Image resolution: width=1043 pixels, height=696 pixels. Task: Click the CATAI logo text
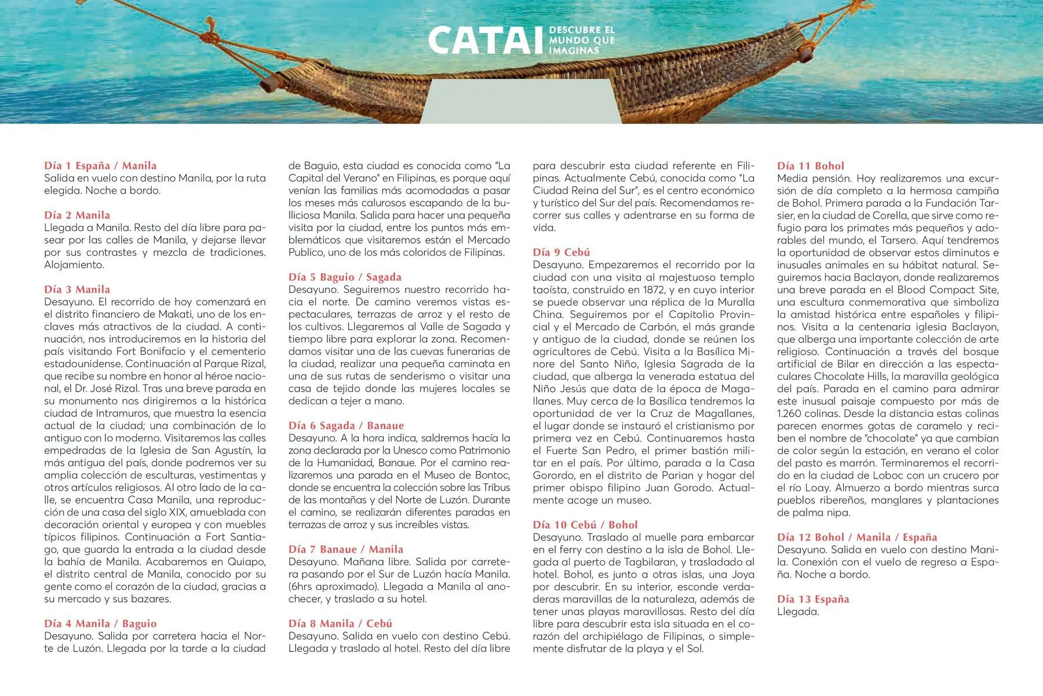pyautogui.click(x=487, y=40)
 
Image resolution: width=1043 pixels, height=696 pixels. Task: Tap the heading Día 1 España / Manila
pyautogui.click(x=100, y=166)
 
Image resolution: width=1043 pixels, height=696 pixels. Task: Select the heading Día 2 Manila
pyautogui.click(x=77, y=215)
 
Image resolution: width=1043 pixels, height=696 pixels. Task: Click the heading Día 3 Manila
pyautogui.click(x=77, y=289)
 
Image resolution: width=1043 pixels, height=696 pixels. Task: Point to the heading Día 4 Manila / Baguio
pyautogui.click(x=100, y=623)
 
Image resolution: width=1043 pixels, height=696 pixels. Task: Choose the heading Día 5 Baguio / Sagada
pyautogui.click(x=345, y=277)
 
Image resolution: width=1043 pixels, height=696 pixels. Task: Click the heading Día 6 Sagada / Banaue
pyautogui.click(x=346, y=426)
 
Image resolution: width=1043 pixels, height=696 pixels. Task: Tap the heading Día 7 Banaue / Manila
pyautogui.click(x=346, y=549)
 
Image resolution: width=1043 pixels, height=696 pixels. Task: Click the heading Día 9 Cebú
pyautogui.click(x=561, y=252)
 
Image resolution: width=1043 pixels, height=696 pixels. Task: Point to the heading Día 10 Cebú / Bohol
pyautogui.click(x=585, y=525)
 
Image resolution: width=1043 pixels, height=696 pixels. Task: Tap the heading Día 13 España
pyautogui.click(x=813, y=599)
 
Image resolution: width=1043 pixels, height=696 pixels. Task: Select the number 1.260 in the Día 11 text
pyautogui.click(x=792, y=414)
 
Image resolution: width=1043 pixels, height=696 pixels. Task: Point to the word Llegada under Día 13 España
pyautogui.click(x=798, y=612)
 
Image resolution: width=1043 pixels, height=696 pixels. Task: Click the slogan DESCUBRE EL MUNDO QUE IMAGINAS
pyautogui.click(x=581, y=40)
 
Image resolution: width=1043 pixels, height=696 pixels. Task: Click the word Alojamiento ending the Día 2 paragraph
pyautogui.click(x=74, y=265)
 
